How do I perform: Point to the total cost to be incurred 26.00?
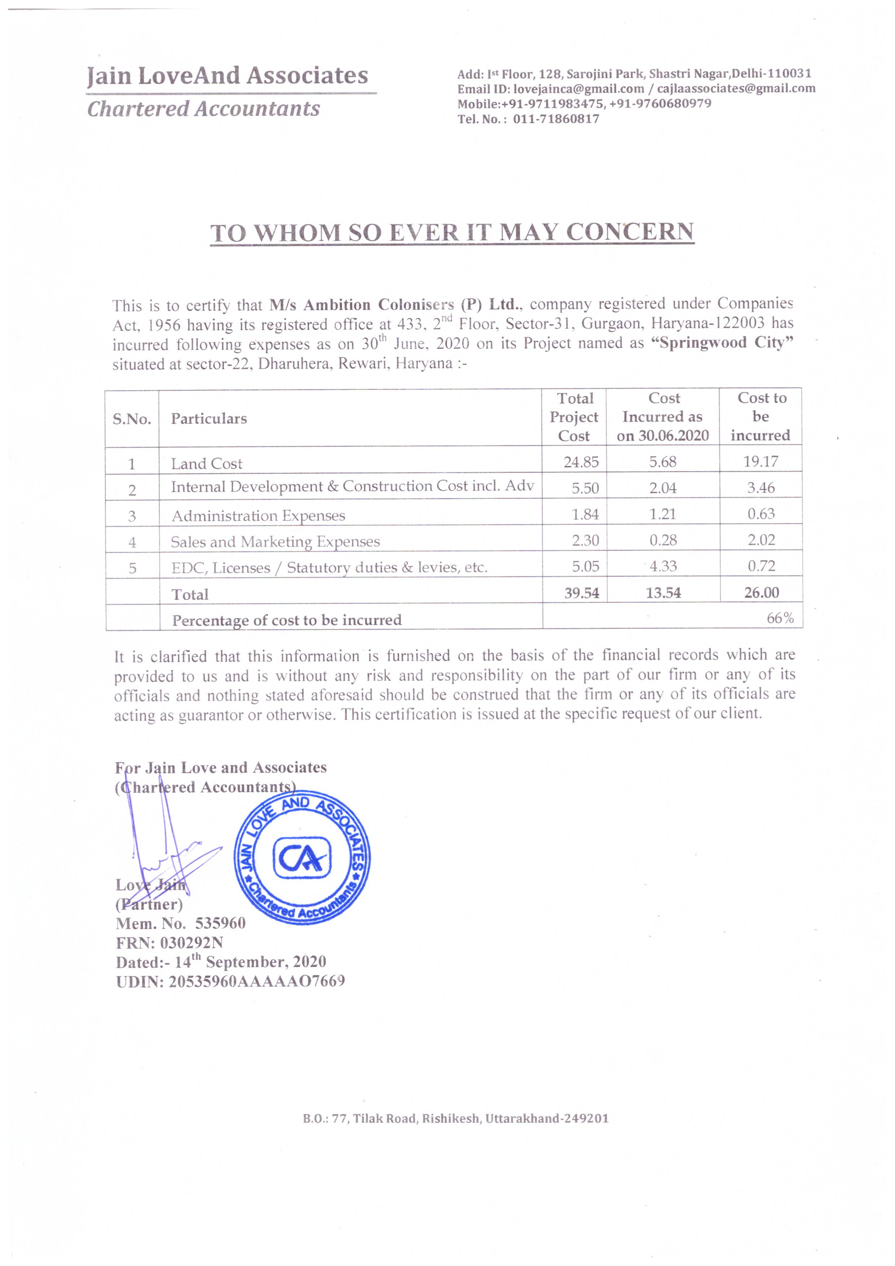coord(761,593)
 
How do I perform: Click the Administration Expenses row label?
coord(258,516)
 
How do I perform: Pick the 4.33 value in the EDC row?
coord(663,566)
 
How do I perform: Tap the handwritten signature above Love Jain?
coord(165,849)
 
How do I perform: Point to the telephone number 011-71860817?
coord(556,119)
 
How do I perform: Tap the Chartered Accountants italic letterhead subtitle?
coord(204,109)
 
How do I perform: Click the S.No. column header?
coord(132,419)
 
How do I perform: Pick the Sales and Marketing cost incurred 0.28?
coord(663,540)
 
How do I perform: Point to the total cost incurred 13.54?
coord(663,593)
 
